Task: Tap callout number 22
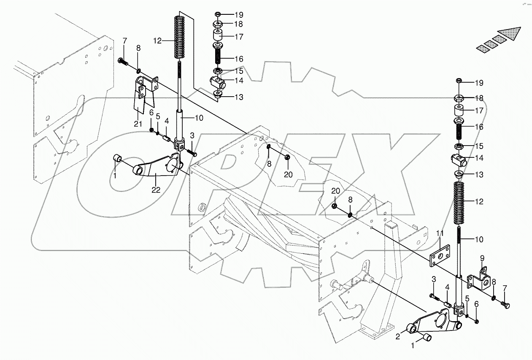(156, 189)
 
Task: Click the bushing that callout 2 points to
(412, 329)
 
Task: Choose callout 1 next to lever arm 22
(113, 175)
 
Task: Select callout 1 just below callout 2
(414, 345)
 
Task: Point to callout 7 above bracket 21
(125, 41)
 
